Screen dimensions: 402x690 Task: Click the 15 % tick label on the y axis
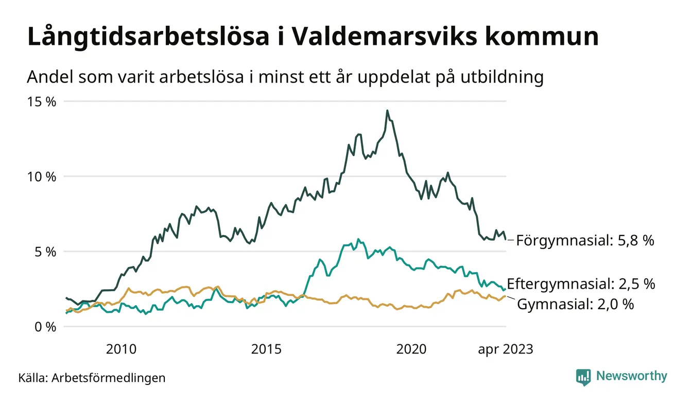(x=41, y=102)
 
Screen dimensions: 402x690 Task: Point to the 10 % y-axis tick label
(x=41, y=177)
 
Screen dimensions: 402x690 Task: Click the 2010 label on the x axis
(x=121, y=349)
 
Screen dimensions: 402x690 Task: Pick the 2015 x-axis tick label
(x=266, y=349)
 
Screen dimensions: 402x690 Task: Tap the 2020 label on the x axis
(x=411, y=349)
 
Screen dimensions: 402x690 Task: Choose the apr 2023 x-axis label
(x=506, y=349)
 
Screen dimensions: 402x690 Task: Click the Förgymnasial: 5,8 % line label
(x=585, y=240)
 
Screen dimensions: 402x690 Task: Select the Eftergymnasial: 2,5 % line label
(x=581, y=283)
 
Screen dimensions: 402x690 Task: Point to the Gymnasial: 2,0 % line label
(x=575, y=304)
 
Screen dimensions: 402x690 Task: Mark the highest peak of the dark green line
(x=387, y=110)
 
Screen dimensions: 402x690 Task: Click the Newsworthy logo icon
(x=583, y=377)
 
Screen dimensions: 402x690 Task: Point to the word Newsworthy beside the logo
(x=631, y=376)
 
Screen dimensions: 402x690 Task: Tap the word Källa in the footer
(x=32, y=378)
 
